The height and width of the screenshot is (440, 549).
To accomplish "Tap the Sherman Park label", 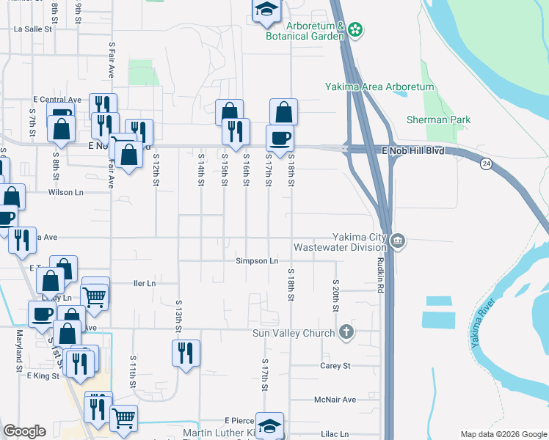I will pos(429,119).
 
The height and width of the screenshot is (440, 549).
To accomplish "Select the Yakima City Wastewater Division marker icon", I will pos(398,241).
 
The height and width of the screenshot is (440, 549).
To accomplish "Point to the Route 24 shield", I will pos(486,164).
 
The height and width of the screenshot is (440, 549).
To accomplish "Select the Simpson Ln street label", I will pos(257,260).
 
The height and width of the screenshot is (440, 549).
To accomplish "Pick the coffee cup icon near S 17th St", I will pos(279,137).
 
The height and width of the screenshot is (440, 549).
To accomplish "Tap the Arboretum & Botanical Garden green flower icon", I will pos(355,29).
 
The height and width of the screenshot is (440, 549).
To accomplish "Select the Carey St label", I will pos(335,365).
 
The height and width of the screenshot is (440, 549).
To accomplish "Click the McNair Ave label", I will pos(335,400).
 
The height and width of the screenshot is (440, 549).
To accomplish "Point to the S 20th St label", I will pos(335,295).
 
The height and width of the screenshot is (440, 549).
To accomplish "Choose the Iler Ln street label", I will pos(145,283).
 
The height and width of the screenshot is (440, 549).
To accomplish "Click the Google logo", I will pos(24,431).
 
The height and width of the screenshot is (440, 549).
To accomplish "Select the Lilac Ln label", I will pos(335,434).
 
